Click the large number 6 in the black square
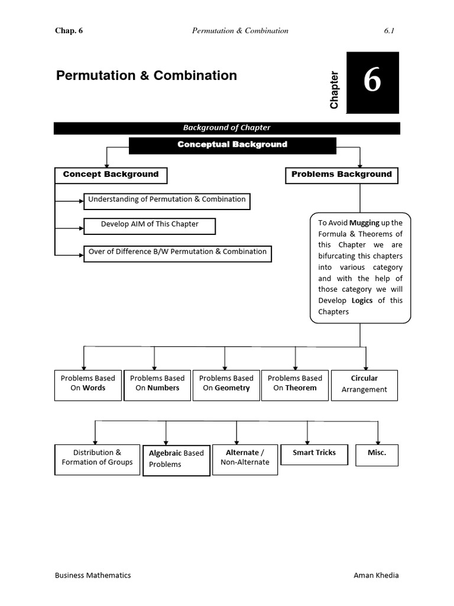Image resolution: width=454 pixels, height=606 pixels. click(372, 81)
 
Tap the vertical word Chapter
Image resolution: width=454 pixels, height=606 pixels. click(335, 90)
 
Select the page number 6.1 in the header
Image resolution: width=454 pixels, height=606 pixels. click(389, 31)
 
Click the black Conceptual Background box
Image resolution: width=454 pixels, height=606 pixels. click(232, 145)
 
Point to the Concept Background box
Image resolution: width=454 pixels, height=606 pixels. click(111, 175)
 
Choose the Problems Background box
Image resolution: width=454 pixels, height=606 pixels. click(342, 175)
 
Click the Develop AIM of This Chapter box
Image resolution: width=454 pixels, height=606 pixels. click(150, 225)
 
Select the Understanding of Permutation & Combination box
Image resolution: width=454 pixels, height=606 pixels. click(167, 200)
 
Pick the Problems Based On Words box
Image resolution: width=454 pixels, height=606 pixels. click(88, 384)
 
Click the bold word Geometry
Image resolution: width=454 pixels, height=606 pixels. click(232, 388)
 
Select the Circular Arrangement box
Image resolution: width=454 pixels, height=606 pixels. click(364, 385)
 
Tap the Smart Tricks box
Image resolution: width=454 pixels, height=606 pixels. click(314, 453)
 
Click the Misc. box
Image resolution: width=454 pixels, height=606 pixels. click(377, 453)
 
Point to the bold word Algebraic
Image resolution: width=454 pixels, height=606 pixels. click(165, 453)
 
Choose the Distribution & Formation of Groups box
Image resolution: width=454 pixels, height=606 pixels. click(98, 458)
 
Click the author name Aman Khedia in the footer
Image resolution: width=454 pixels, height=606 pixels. click(376, 575)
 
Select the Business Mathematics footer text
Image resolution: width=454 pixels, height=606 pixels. click(93, 575)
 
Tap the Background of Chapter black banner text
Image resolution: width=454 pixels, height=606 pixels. click(226, 128)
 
